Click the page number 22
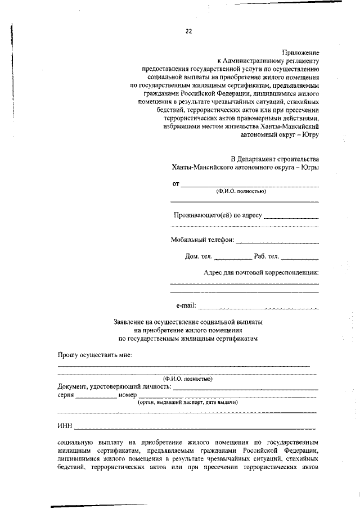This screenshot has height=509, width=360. point(188,31)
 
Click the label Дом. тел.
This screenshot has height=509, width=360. point(199,256)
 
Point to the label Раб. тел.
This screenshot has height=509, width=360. point(266,256)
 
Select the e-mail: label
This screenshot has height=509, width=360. point(186,305)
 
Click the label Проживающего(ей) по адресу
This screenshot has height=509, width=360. point(217,214)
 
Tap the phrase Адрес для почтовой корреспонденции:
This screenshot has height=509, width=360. point(261,273)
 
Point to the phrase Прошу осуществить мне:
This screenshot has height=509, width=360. point(94,355)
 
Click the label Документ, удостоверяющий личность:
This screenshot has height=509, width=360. point(114,387)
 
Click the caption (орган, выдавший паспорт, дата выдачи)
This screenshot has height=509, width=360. point(188,403)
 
